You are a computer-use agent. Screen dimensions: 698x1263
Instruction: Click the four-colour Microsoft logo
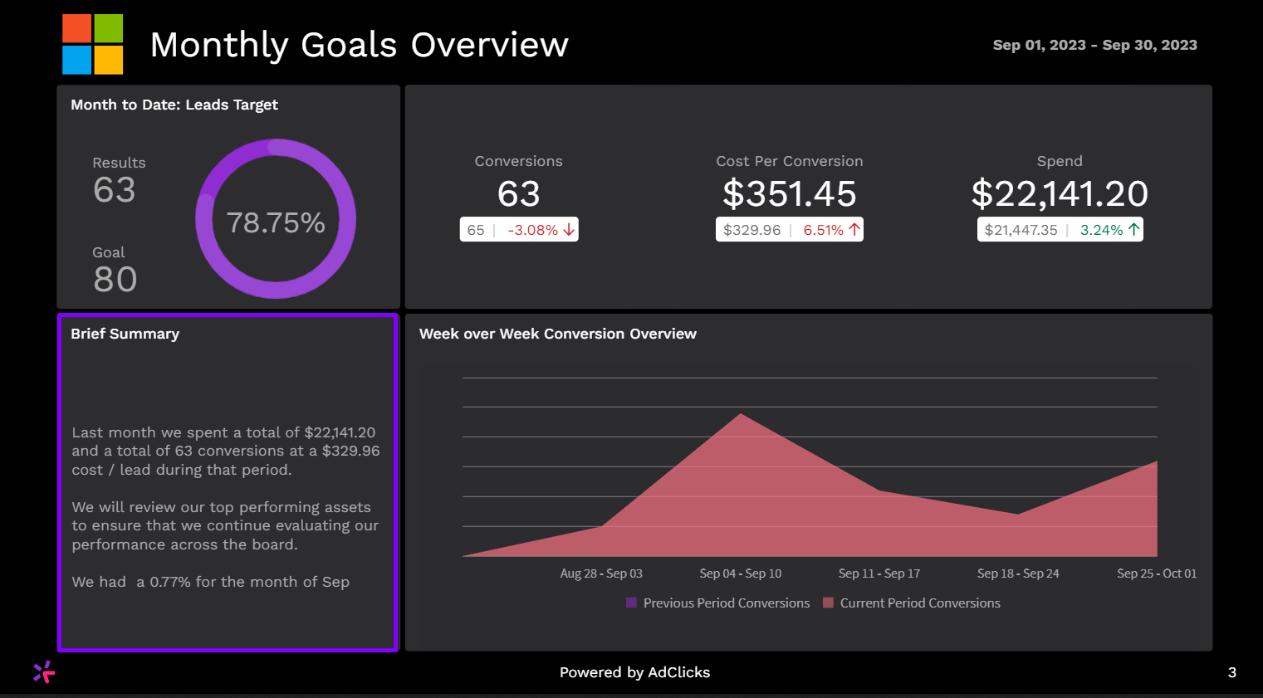[x=93, y=44]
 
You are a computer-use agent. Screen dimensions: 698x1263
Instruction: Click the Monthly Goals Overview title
[x=359, y=45]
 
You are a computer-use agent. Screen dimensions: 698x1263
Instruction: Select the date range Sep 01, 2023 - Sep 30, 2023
[x=1094, y=45]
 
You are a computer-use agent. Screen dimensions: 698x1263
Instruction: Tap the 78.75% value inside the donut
[x=276, y=222]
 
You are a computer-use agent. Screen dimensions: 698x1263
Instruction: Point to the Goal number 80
[x=115, y=280]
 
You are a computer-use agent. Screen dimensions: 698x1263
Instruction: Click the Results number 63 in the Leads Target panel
[x=115, y=190]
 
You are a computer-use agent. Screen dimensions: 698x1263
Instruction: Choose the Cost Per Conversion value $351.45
[x=789, y=194]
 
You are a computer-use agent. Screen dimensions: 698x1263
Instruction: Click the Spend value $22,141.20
[x=1060, y=194]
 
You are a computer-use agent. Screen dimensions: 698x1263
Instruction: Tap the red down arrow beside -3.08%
[x=569, y=230]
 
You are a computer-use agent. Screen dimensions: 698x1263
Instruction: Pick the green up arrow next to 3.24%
[x=1133, y=230]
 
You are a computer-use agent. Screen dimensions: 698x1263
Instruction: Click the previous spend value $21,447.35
[x=1021, y=230]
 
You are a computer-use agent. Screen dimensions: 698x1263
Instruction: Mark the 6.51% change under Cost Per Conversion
[x=823, y=230]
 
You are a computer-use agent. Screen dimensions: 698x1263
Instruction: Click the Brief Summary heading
[x=125, y=334]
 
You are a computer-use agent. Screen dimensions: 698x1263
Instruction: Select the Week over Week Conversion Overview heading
[x=557, y=334]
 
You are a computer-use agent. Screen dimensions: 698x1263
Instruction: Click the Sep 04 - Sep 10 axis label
[x=740, y=574]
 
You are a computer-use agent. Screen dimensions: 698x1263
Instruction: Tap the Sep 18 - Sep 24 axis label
[x=1018, y=574]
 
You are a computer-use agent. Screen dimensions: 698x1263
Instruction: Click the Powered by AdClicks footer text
[x=634, y=672]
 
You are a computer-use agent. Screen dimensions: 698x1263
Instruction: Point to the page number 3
[x=1232, y=672]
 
